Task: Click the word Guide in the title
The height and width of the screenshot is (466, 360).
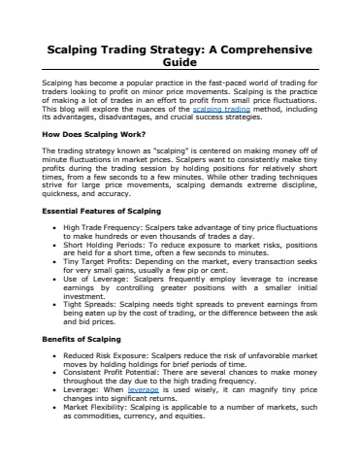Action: [x=180, y=63]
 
